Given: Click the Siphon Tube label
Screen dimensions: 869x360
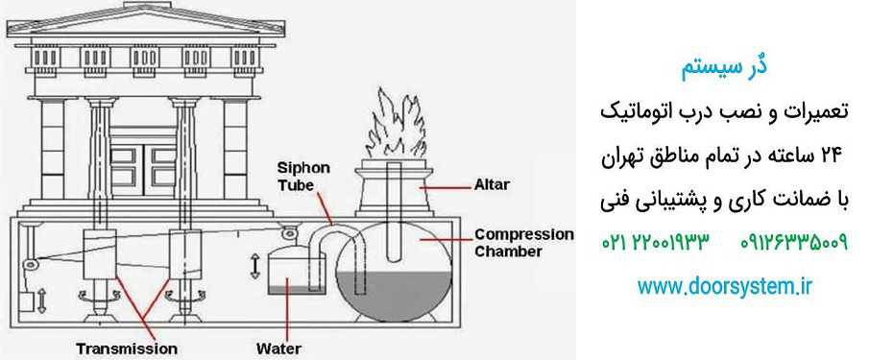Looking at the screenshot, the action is (x=303, y=176).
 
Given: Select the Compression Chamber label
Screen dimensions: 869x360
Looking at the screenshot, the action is (x=524, y=243).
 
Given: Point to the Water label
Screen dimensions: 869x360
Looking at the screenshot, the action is (x=278, y=348).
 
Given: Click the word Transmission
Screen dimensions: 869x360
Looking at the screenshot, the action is (x=127, y=348).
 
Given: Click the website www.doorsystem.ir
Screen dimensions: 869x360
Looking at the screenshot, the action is (x=724, y=286).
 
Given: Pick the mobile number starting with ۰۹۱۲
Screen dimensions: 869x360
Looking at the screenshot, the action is (x=794, y=242).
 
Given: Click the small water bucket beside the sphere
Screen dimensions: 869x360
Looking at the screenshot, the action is (x=287, y=272).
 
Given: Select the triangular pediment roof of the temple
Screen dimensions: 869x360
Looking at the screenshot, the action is (x=145, y=20).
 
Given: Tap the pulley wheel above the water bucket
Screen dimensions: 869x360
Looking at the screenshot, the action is (x=289, y=233).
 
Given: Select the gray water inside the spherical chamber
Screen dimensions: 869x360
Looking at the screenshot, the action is (x=394, y=296).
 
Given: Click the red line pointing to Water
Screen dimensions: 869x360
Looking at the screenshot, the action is (x=287, y=309).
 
